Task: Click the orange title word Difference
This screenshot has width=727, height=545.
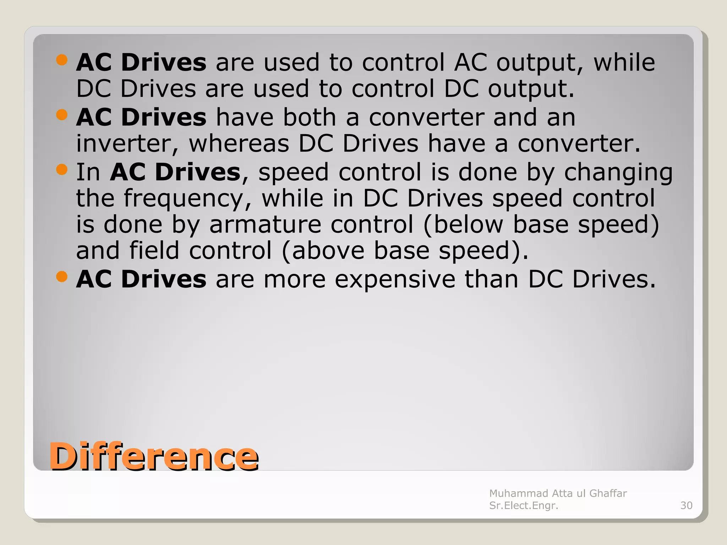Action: [154, 457]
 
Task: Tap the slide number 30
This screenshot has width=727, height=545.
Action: [686, 505]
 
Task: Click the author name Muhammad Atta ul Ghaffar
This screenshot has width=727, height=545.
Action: [558, 493]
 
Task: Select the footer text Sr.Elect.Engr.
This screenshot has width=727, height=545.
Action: [524, 505]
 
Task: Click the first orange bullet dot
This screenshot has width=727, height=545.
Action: [62, 60]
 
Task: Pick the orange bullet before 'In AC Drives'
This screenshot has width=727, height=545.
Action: [62, 170]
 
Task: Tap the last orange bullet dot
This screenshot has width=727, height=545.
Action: [62, 277]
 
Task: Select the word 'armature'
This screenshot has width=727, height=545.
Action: [265, 225]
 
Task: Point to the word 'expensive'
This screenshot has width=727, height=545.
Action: [395, 280]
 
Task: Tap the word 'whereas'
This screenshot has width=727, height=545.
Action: [239, 144]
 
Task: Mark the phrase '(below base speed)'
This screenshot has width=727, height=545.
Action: [541, 225]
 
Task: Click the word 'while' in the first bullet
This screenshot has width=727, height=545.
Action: [624, 63]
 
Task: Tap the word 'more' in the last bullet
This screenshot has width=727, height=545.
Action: [294, 280]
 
